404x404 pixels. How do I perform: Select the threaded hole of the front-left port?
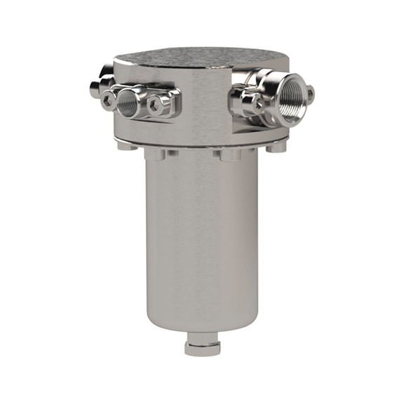pos(128,102)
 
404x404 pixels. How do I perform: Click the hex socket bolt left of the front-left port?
pos(108,101)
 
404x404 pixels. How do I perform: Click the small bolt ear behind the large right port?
pos(309,92)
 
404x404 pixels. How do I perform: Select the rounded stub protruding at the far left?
pos(94,88)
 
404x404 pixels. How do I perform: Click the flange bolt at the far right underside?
pos(278,147)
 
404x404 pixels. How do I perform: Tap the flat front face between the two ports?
pos(203,105)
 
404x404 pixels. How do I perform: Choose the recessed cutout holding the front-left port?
pos(174,98)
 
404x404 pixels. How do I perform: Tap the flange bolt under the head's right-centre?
pos(229,154)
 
